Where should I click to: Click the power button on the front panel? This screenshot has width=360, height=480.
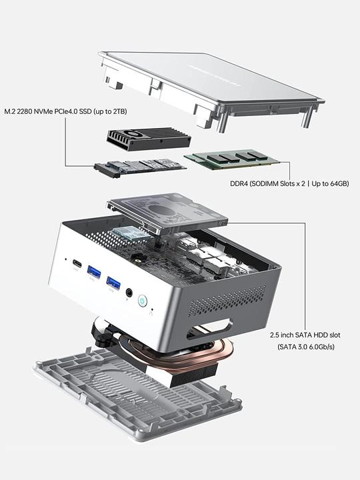point(142,301)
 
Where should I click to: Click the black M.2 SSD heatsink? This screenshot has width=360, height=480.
point(149,139)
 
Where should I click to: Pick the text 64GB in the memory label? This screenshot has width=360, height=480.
point(337,183)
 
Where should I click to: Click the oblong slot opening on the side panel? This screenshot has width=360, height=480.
point(211,329)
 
